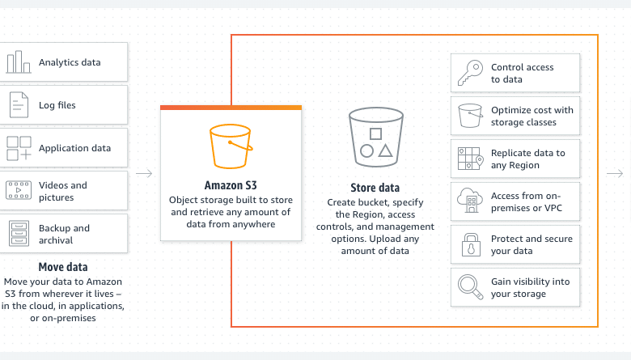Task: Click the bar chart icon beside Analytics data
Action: click(19, 62)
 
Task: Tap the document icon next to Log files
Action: click(19, 104)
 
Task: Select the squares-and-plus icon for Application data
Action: click(19, 148)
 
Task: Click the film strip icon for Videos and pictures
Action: click(19, 190)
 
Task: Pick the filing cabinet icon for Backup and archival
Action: click(19, 233)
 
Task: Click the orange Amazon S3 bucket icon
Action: click(231, 146)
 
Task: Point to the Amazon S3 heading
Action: click(231, 185)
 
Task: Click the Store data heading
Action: click(375, 188)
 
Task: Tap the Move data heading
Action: click(63, 267)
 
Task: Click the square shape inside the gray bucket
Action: click(376, 133)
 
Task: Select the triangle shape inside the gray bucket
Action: click(386, 150)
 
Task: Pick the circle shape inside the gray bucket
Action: click(366, 150)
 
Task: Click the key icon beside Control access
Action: click(471, 73)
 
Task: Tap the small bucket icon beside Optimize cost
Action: click(471, 116)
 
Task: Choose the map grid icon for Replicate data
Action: click(471, 159)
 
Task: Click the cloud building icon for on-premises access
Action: click(470, 201)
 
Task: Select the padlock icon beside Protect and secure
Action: click(471, 244)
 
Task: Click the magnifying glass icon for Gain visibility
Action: click(471, 287)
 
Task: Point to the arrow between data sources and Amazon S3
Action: click(144, 173)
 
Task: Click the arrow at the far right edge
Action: click(615, 173)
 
